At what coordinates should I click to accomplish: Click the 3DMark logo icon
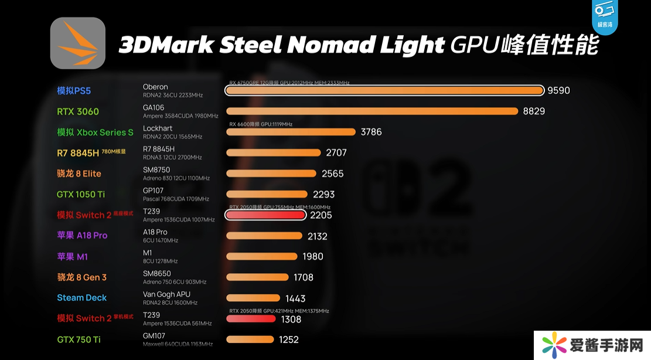78,43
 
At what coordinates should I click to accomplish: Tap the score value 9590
558,90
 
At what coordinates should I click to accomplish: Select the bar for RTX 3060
372,111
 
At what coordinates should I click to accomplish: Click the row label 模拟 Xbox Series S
95,133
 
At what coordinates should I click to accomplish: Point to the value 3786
371,132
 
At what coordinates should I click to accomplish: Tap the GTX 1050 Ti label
81,194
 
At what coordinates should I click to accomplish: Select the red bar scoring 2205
265,215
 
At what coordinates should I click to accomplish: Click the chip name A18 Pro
155,232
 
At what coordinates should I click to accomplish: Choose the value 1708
304,277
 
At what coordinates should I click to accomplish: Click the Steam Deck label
82,298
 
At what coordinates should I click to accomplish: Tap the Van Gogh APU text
166,294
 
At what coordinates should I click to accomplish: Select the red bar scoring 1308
251,319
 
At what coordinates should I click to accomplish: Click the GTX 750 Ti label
79,339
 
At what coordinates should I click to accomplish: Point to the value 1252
289,339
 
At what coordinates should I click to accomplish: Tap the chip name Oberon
155,87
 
